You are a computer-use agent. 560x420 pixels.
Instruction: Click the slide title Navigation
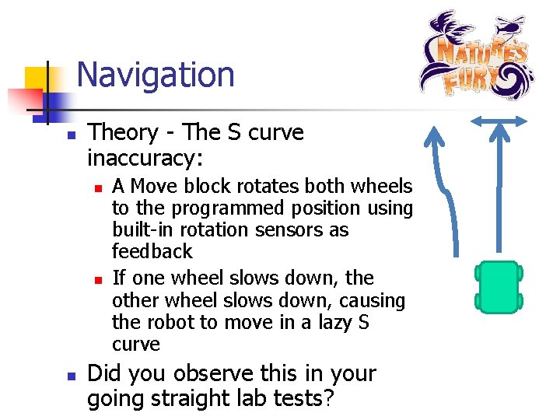pyautogui.click(x=156, y=75)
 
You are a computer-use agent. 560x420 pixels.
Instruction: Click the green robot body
pyautogui.click(x=499, y=287)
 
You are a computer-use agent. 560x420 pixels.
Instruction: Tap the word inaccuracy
pyautogui.click(x=145, y=159)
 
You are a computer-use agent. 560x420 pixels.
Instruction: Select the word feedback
pyautogui.click(x=152, y=251)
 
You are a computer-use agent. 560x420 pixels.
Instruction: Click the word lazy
pyautogui.click(x=317, y=322)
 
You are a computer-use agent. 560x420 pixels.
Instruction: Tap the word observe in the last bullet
pyautogui.click(x=208, y=374)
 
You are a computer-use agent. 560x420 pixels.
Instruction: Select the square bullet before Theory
pyautogui.click(x=70, y=134)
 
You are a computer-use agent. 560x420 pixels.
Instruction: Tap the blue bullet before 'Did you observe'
pyautogui.click(x=70, y=375)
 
